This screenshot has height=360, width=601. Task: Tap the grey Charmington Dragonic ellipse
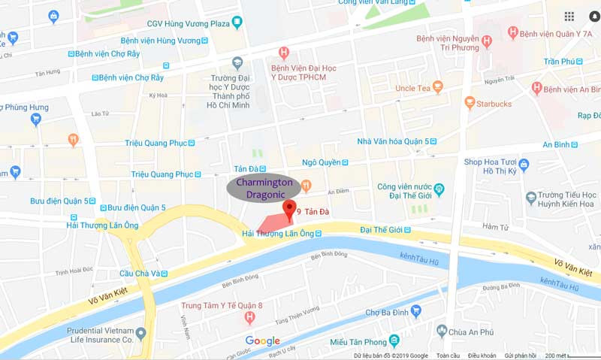(x=264, y=187)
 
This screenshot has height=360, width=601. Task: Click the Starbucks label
(x=493, y=103)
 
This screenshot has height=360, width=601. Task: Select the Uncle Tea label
(x=412, y=89)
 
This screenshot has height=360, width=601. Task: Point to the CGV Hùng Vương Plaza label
(x=188, y=23)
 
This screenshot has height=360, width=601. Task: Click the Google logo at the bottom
(x=262, y=341)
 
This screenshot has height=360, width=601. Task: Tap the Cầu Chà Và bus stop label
(x=140, y=274)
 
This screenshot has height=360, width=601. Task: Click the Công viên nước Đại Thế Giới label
(x=406, y=191)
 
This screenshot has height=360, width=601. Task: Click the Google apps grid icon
(x=569, y=17)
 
